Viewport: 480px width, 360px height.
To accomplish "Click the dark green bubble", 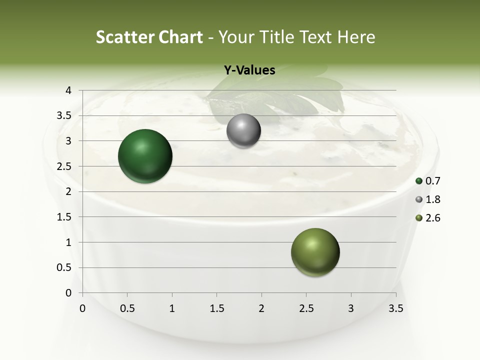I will pyautogui.click(x=145, y=156).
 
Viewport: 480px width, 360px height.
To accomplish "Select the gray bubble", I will pyautogui.click(x=243, y=131).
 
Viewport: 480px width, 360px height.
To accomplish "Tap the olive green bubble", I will pyautogui.click(x=315, y=252).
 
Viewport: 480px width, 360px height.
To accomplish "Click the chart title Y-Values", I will pyautogui.click(x=249, y=70).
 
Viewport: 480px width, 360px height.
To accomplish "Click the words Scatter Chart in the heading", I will pyautogui.click(x=149, y=37).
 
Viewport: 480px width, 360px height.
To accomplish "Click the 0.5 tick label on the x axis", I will pyautogui.click(x=127, y=308).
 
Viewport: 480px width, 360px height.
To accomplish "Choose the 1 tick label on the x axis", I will pyautogui.click(x=172, y=308).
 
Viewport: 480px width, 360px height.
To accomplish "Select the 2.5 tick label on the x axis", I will pyautogui.click(x=306, y=308).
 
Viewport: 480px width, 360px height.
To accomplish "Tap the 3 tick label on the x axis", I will pyautogui.click(x=351, y=308).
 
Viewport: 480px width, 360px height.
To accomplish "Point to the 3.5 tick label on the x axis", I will pyautogui.click(x=396, y=308).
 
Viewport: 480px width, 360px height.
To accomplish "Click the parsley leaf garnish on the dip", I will pyautogui.click(x=280, y=97).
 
